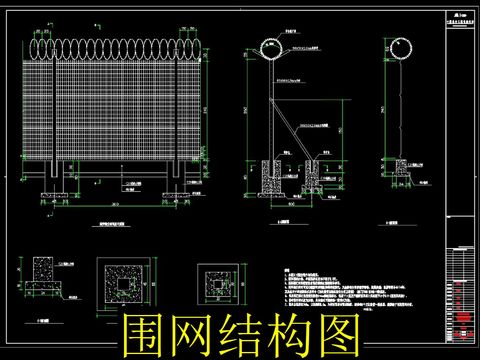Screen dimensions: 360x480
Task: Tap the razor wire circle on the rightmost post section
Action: pyautogui.click(x=398, y=48)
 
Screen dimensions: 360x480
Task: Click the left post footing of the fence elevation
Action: pyautogui.click(x=56, y=178)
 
